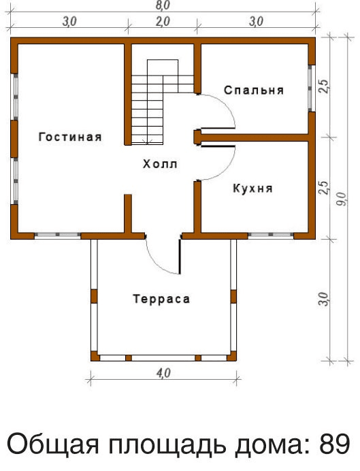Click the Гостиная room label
coord(70,137)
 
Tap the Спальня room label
coord(254,90)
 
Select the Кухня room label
coord(252,189)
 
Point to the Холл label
coord(160,164)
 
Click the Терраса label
coord(161,299)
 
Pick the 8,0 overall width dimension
coord(163,5)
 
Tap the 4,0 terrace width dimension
coord(163,374)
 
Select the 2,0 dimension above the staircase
coord(163,22)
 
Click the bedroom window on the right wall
coord(312,88)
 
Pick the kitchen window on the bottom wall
coord(271,235)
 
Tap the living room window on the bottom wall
coord(58,235)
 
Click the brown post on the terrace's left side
coord(94,296)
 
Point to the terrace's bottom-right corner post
coord(232,356)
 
